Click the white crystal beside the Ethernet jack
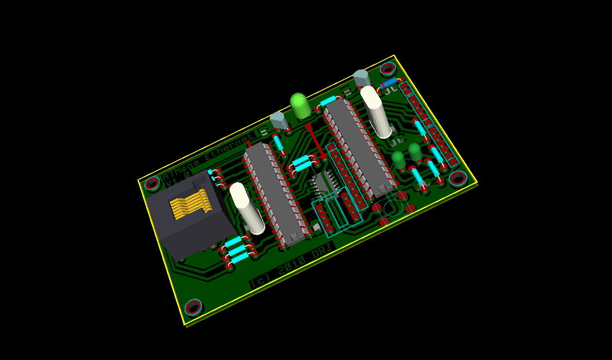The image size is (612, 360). tap(247, 207)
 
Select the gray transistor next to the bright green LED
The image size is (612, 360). tap(279, 121)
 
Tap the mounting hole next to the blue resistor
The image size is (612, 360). tap(388, 69)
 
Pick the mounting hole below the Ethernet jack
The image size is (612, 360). tap(193, 307)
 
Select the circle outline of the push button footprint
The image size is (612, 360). tap(392, 208)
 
